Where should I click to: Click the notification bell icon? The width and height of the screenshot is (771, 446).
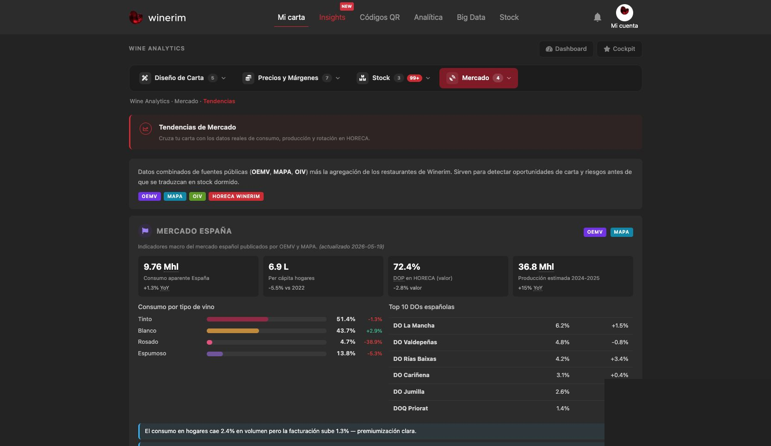pyautogui.click(x=597, y=17)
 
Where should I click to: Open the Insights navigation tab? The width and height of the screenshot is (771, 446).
pyautogui.click(x=332, y=17)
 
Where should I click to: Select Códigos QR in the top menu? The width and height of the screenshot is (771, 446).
pyautogui.click(x=380, y=17)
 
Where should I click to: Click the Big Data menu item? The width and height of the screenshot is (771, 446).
pyautogui.click(x=471, y=17)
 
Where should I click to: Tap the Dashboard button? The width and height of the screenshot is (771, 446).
pyautogui.click(x=566, y=49)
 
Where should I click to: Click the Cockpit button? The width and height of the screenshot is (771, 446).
pyautogui.click(x=619, y=49)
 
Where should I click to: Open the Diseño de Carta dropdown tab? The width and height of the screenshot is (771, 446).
pyautogui.click(x=183, y=78)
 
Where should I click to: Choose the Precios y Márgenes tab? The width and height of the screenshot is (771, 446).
pyautogui.click(x=291, y=78)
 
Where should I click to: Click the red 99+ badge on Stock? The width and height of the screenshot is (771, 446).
pyautogui.click(x=414, y=78)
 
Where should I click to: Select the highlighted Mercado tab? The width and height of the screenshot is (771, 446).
pyautogui.click(x=478, y=78)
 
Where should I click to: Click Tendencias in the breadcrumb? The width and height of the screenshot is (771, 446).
pyautogui.click(x=219, y=101)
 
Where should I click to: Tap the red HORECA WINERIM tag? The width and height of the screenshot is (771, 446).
pyautogui.click(x=236, y=196)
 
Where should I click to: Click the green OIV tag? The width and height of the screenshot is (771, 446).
pyautogui.click(x=197, y=196)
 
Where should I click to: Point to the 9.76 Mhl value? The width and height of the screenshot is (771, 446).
pyautogui.click(x=161, y=267)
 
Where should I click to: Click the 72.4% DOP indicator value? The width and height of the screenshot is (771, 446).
pyautogui.click(x=407, y=267)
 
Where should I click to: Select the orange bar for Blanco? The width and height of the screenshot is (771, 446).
pyautogui.click(x=233, y=331)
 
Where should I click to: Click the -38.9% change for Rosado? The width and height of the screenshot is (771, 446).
pyautogui.click(x=373, y=342)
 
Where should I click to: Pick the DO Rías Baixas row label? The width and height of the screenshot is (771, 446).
pyautogui.click(x=414, y=359)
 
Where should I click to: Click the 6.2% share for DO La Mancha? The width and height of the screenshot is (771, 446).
pyautogui.click(x=562, y=326)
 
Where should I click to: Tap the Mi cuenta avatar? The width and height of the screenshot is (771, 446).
pyautogui.click(x=624, y=13)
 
